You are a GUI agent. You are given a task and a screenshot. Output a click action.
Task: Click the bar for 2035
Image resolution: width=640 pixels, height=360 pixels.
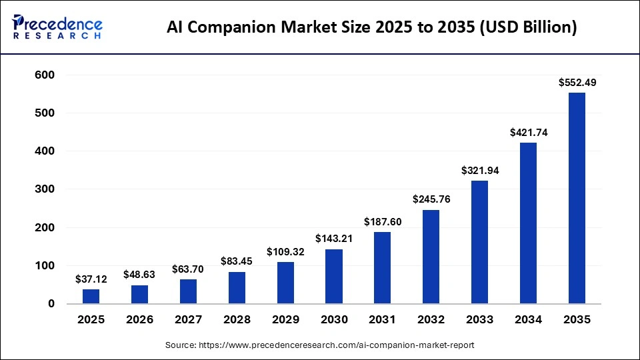pos(577,198)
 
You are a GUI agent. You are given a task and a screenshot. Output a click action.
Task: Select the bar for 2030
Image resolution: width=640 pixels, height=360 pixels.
pos(333,277)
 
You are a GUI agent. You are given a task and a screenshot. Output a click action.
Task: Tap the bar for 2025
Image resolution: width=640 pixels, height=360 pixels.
pos(91,297)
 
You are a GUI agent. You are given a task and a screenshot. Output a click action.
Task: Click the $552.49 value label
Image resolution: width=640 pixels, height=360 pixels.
pos(577,83)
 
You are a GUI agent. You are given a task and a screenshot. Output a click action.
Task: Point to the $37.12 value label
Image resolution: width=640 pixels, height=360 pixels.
pos(91,279)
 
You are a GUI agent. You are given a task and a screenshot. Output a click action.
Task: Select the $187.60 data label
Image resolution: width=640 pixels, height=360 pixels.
pos(382,222)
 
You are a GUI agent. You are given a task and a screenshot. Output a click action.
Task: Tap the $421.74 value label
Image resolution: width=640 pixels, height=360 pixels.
pos(528,133)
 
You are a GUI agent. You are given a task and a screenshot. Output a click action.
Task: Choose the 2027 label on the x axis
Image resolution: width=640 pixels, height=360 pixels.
pos(188,320)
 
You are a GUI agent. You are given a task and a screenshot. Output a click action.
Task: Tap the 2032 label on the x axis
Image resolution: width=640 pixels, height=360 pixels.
pos(431,320)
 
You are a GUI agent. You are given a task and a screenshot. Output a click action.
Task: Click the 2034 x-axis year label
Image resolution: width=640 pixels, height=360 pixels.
pos(528,320)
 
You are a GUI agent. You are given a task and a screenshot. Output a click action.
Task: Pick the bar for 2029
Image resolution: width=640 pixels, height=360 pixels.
pos(285,283)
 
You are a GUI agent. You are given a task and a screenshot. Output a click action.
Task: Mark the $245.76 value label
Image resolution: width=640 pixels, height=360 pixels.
pos(431,199)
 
